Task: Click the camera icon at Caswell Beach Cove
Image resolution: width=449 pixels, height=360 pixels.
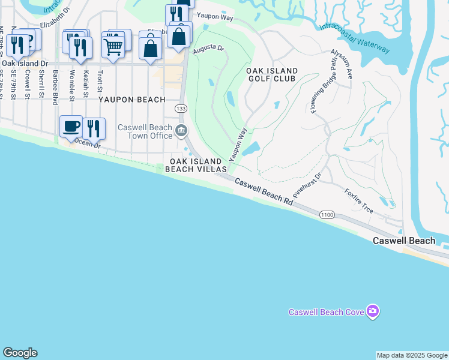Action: [x=373, y=311]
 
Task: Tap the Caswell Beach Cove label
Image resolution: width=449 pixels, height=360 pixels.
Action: [x=327, y=312]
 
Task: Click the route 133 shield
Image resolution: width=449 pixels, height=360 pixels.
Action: [x=180, y=108]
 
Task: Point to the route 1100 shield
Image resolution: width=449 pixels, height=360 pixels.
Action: [x=327, y=215]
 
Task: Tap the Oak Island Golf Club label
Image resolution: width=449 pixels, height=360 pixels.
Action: [x=271, y=74]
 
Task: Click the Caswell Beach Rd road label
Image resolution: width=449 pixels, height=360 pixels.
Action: [x=264, y=193]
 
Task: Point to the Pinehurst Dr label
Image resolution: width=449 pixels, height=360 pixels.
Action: [x=308, y=185]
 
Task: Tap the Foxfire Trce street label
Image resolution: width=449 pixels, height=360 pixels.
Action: [x=359, y=201]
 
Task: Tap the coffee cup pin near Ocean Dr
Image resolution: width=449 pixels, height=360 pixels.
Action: [x=71, y=125]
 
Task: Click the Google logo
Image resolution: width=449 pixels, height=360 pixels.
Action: [x=20, y=353]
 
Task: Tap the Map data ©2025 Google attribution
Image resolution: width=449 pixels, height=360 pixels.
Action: [x=412, y=355]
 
